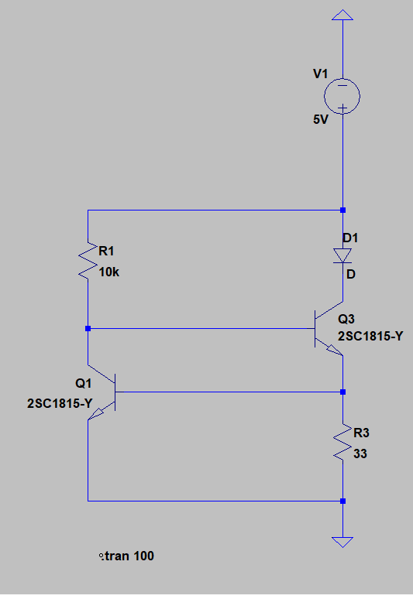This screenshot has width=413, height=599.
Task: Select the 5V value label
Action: (x=321, y=120)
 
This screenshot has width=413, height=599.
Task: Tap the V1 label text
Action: (x=321, y=74)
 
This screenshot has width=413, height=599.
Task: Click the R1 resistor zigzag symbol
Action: (x=88, y=260)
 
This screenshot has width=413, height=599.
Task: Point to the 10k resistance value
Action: (x=109, y=272)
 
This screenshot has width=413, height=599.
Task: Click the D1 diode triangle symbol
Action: (x=342, y=255)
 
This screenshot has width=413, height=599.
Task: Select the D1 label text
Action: (x=350, y=238)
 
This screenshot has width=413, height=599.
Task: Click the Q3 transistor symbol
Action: (x=329, y=329)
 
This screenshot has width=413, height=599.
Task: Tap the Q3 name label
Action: (x=346, y=319)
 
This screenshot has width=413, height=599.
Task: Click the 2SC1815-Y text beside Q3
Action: (x=370, y=336)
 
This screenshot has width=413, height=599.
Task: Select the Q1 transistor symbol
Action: (x=102, y=392)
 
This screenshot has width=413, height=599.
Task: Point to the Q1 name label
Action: (x=84, y=383)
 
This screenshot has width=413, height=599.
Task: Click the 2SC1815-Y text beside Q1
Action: (x=60, y=403)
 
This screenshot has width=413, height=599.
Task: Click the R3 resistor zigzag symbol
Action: (x=342, y=442)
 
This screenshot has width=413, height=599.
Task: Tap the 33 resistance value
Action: (x=360, y=454)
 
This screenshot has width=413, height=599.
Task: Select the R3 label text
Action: (x=361, y=433)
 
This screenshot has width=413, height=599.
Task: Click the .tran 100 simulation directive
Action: (x=126, y=556)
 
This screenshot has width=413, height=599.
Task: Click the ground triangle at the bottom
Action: (x=342, y=542)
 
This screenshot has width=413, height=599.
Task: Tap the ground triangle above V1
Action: (x=342, y=15)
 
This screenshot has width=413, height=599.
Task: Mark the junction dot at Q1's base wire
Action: (x=343, y=392)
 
